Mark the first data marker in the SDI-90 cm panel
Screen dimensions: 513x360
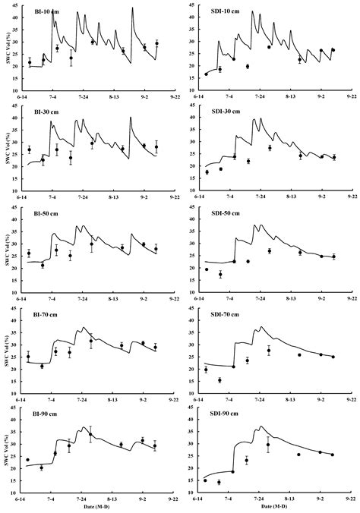(206, 480)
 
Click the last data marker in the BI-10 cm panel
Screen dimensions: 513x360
(156, 44)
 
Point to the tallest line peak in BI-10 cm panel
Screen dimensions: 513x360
(132, 8)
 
